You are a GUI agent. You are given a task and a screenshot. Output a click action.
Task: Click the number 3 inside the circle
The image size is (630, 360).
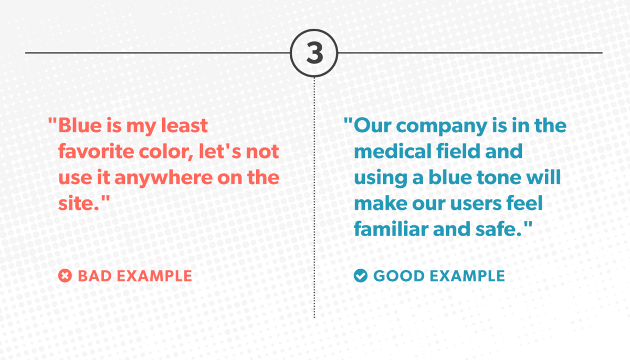[314, 53]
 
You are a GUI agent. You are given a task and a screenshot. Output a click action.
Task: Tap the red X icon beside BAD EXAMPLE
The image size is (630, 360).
[65, 276]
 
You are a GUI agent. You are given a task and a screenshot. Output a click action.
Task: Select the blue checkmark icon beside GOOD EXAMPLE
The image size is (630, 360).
[361, 276]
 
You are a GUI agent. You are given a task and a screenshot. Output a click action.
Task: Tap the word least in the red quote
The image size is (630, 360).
[184, 125]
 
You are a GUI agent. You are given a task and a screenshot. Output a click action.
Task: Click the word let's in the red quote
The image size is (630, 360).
[220, 152]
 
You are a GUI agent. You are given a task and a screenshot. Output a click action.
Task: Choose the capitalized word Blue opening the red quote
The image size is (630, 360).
[80, 125]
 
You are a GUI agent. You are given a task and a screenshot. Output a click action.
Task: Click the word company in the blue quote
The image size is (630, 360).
[442, 126]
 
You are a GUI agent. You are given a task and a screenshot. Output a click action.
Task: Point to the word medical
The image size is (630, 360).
[393, 152]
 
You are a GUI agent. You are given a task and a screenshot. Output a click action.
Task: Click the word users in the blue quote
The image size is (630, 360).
[476, 204]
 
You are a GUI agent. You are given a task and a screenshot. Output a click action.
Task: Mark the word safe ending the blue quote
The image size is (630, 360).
[497, 229]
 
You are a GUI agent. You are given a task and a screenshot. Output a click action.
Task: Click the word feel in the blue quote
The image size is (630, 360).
[524, 203]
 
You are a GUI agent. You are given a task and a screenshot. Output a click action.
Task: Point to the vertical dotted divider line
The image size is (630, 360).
[314, 197]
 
